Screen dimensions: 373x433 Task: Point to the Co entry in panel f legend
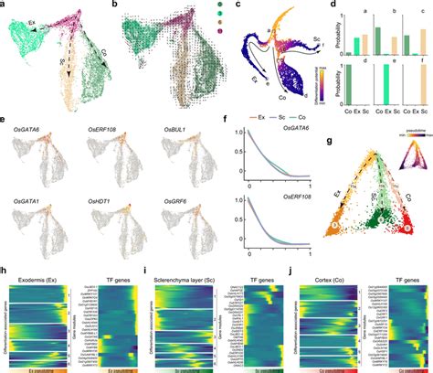point(297,118)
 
